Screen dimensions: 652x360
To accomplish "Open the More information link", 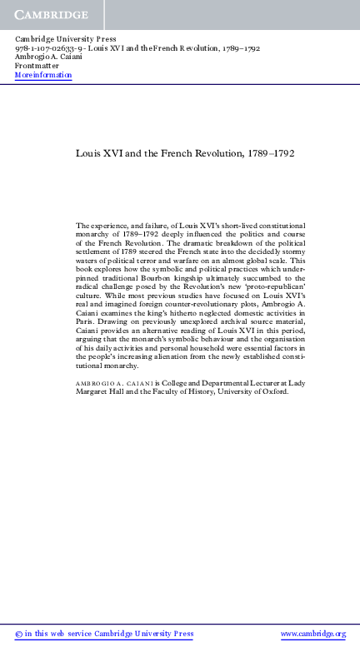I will [x=43, y=75].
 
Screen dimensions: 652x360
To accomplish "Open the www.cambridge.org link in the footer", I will [x=312, y=634].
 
